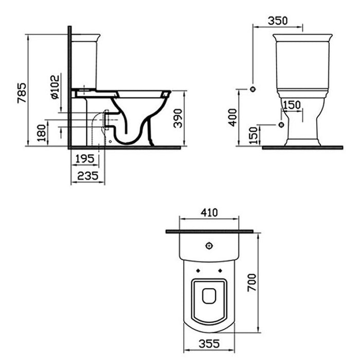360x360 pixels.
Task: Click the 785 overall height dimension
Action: point(21,93)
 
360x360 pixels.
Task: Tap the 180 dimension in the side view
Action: point(42,133)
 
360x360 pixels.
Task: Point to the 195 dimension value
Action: point(83,160)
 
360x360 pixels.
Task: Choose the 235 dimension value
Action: point(86,176)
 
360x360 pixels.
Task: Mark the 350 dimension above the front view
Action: point(278,21)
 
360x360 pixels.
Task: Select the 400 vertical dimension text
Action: point(232,117)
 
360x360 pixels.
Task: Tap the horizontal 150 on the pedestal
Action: point(292,105)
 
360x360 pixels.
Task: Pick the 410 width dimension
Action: point(209,212)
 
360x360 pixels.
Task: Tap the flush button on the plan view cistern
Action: point(209,245)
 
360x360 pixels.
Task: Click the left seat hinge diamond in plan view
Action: point(197,269)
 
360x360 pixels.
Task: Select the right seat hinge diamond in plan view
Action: point(221,269)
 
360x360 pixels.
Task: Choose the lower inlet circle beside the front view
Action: point(280,124)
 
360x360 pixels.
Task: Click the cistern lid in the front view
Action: point(302,38)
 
